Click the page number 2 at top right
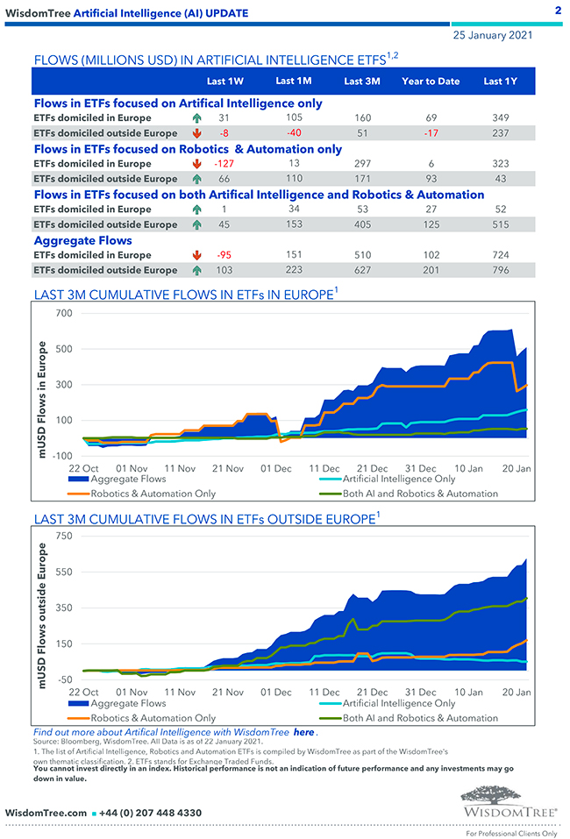coord(558,11)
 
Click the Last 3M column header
coord(361,82)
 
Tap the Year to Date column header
coord(431,82)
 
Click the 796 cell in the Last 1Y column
coord(500,271)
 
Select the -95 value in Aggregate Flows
coord(224,255)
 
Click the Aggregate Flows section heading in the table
coord(83,240)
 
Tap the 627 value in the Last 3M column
coord(361,271)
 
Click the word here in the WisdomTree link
coord(304,732)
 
